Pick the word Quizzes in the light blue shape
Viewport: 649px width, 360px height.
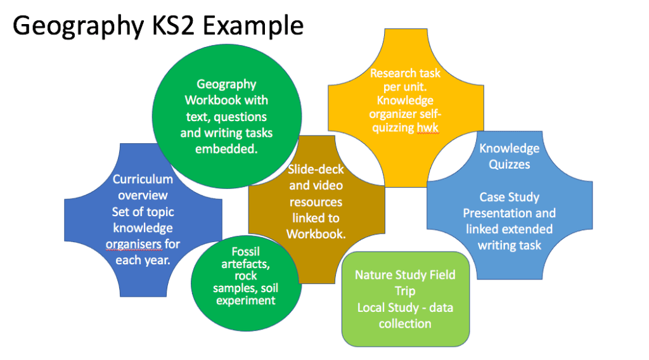(x=509, y=164)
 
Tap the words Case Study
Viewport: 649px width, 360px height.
(x=509, y=197)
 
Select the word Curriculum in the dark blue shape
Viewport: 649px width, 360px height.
(x=143, y=179)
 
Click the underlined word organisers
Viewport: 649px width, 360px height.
(x=137, y=244)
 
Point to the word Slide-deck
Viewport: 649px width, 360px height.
(x=316, y=170)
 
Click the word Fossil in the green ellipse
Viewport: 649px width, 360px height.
(x=245, y=252)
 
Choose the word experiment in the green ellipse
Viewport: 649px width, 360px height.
(x=245, y=300)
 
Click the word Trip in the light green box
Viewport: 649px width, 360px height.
(x=405, y=291)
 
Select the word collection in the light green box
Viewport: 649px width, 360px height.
(x=405, y=323)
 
